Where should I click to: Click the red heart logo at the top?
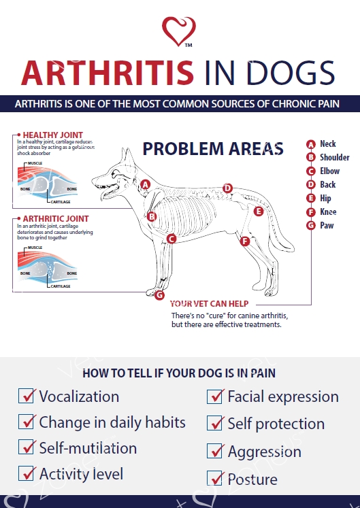[179, 31]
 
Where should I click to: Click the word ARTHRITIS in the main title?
[108, 73]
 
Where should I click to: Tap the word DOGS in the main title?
[291, 73]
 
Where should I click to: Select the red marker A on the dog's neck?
[146, 185]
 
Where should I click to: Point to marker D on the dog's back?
[227, 188]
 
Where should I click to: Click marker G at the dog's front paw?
[159, 295]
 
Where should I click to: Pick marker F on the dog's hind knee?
[245, 241]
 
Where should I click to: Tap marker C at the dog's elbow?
[171, 239]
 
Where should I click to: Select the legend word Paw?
[327, 225]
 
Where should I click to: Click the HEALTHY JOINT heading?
[53, 135]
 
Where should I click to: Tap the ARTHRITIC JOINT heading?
[56, 219]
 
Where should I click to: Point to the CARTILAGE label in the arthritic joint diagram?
[61, 286]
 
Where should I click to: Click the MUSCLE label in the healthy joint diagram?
[35, 163]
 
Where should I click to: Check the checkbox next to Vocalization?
[26, 396]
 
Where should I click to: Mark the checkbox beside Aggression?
[214, 451]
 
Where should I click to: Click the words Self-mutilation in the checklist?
[88, 448]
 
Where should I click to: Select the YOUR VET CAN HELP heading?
[209, 303]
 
